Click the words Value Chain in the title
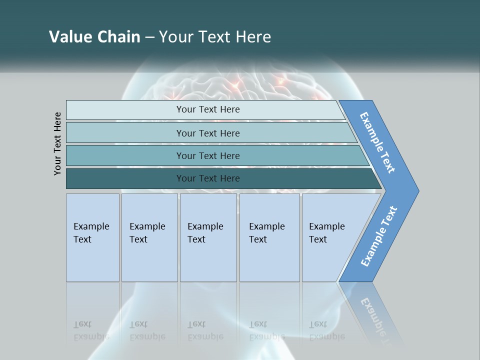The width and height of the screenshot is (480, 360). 94,37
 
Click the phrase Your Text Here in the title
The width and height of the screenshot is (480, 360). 215,37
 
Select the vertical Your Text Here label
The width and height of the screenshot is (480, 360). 58,143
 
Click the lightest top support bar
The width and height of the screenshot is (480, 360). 207,109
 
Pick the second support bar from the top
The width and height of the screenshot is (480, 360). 207,133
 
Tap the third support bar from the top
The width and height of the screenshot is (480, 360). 207,155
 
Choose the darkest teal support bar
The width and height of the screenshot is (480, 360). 207,178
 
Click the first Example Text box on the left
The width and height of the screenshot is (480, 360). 92,237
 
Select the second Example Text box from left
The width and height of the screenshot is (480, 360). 149,237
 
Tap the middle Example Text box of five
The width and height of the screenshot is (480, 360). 207,237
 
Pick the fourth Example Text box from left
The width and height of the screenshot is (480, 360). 269,237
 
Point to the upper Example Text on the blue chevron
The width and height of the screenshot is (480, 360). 377,142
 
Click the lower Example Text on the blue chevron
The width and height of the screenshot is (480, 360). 379,236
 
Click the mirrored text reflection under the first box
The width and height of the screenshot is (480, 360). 91,330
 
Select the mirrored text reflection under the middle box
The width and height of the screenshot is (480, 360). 205,330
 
